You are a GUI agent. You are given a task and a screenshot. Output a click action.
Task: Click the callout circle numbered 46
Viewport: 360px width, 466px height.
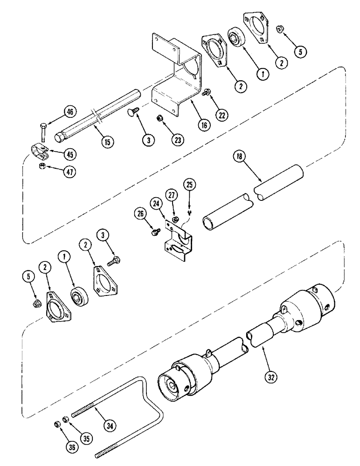pos(69,112)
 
